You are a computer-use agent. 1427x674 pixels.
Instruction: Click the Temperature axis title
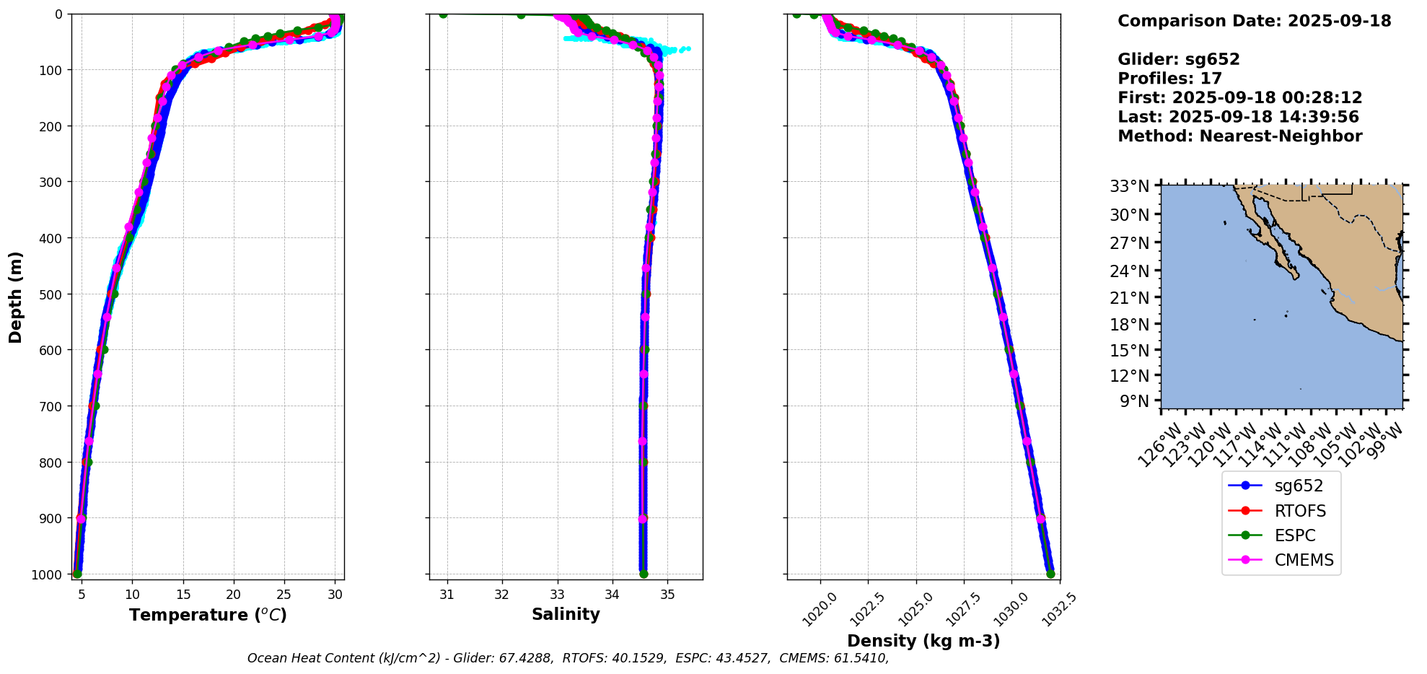coord(208,615)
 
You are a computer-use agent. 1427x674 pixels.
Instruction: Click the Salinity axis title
coord(566,614)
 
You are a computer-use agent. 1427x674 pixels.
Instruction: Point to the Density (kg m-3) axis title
coord(923,641)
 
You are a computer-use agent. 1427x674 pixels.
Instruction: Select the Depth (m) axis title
coord(16,297)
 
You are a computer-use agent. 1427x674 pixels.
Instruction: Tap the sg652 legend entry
coord(1299,486)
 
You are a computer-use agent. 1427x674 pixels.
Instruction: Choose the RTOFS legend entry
coord(1300,511)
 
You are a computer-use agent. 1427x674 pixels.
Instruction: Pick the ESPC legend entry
coord(1295,535)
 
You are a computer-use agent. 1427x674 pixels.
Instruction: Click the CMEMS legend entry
coord(1304,560)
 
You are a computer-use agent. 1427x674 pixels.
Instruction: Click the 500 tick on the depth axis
coord(51,294)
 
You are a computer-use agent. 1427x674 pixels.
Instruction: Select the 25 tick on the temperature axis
coord(284,595)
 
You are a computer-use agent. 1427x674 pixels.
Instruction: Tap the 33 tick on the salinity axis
coord(557,595)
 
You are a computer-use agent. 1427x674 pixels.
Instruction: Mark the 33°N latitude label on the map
coord(1130,186)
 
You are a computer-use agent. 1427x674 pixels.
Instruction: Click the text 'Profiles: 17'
coord(1169,79)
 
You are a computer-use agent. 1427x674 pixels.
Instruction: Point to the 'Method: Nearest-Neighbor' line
coord(1239,136)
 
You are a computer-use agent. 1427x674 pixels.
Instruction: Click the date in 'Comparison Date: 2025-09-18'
coord(1339,21)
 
